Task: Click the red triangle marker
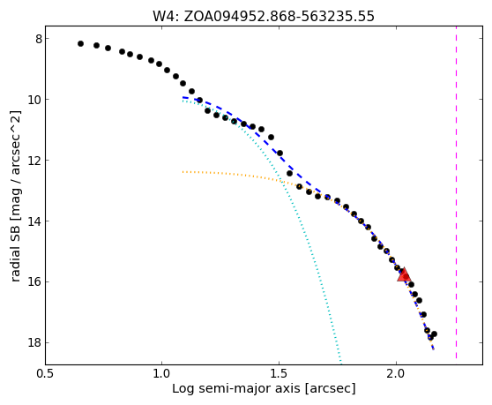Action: click(404, 275)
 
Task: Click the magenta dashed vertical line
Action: click(456, 192)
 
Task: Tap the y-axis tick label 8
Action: click(39, 39)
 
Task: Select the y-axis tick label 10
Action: click(35, 100)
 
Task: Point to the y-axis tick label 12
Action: click(35, 161)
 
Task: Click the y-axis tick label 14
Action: click(35, 221)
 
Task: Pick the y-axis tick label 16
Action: click(35, 282)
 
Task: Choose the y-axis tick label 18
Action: click(35, 343)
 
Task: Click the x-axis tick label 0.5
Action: click(46, 374)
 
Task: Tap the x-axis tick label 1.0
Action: click(162, 374)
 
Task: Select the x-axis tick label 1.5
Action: click(280, 374)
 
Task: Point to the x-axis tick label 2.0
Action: click(397, 374)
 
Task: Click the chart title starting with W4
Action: click(264, 16)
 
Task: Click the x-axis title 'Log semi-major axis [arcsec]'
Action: click(264, 389)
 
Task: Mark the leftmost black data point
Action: click(80, 43)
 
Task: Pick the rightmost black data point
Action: click(435, 334)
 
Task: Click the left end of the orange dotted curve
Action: click(183, 172)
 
